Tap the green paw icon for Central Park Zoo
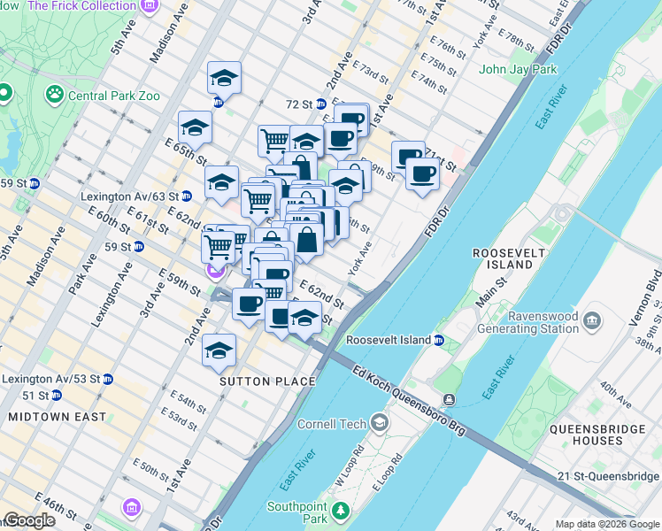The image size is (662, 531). tap(55, 92)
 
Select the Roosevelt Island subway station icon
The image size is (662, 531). tap(438, 340)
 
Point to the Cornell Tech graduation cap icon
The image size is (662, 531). tap(380, 424)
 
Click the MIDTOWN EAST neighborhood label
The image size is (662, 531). tap(57, 416)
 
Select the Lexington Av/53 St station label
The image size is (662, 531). tap(50, 379)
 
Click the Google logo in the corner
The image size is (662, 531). tap(29, 520)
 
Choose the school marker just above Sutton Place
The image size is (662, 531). tap(219, 351)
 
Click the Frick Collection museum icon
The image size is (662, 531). tap(147, 6)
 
